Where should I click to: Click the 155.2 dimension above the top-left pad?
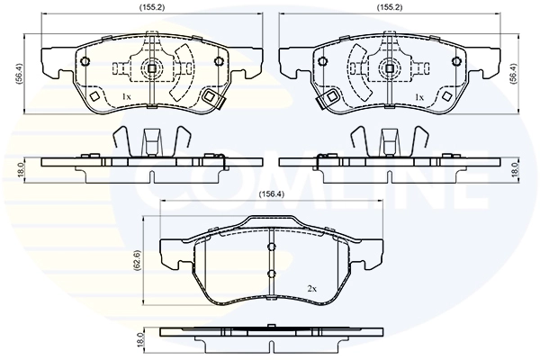pyautogui.click(x=152, y=7)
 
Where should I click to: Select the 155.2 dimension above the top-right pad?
pyautogui.click(x=390, y=7)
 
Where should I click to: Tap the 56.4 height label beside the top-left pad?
pyautogui.click(x=19, y=74)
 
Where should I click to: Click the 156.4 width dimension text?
pyautogui.click(x=272, y=194)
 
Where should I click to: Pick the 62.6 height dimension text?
pyautogui.click(x=138, y=260)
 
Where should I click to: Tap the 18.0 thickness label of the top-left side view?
pyautogui.click(x=20, y=170)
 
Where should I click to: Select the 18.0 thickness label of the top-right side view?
pyautogui.click(x=515, y=170)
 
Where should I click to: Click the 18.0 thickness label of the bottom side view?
pyautogui.click(x=139, y=339)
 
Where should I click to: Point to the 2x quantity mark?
pyautogui.click(x=311, y=290)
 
